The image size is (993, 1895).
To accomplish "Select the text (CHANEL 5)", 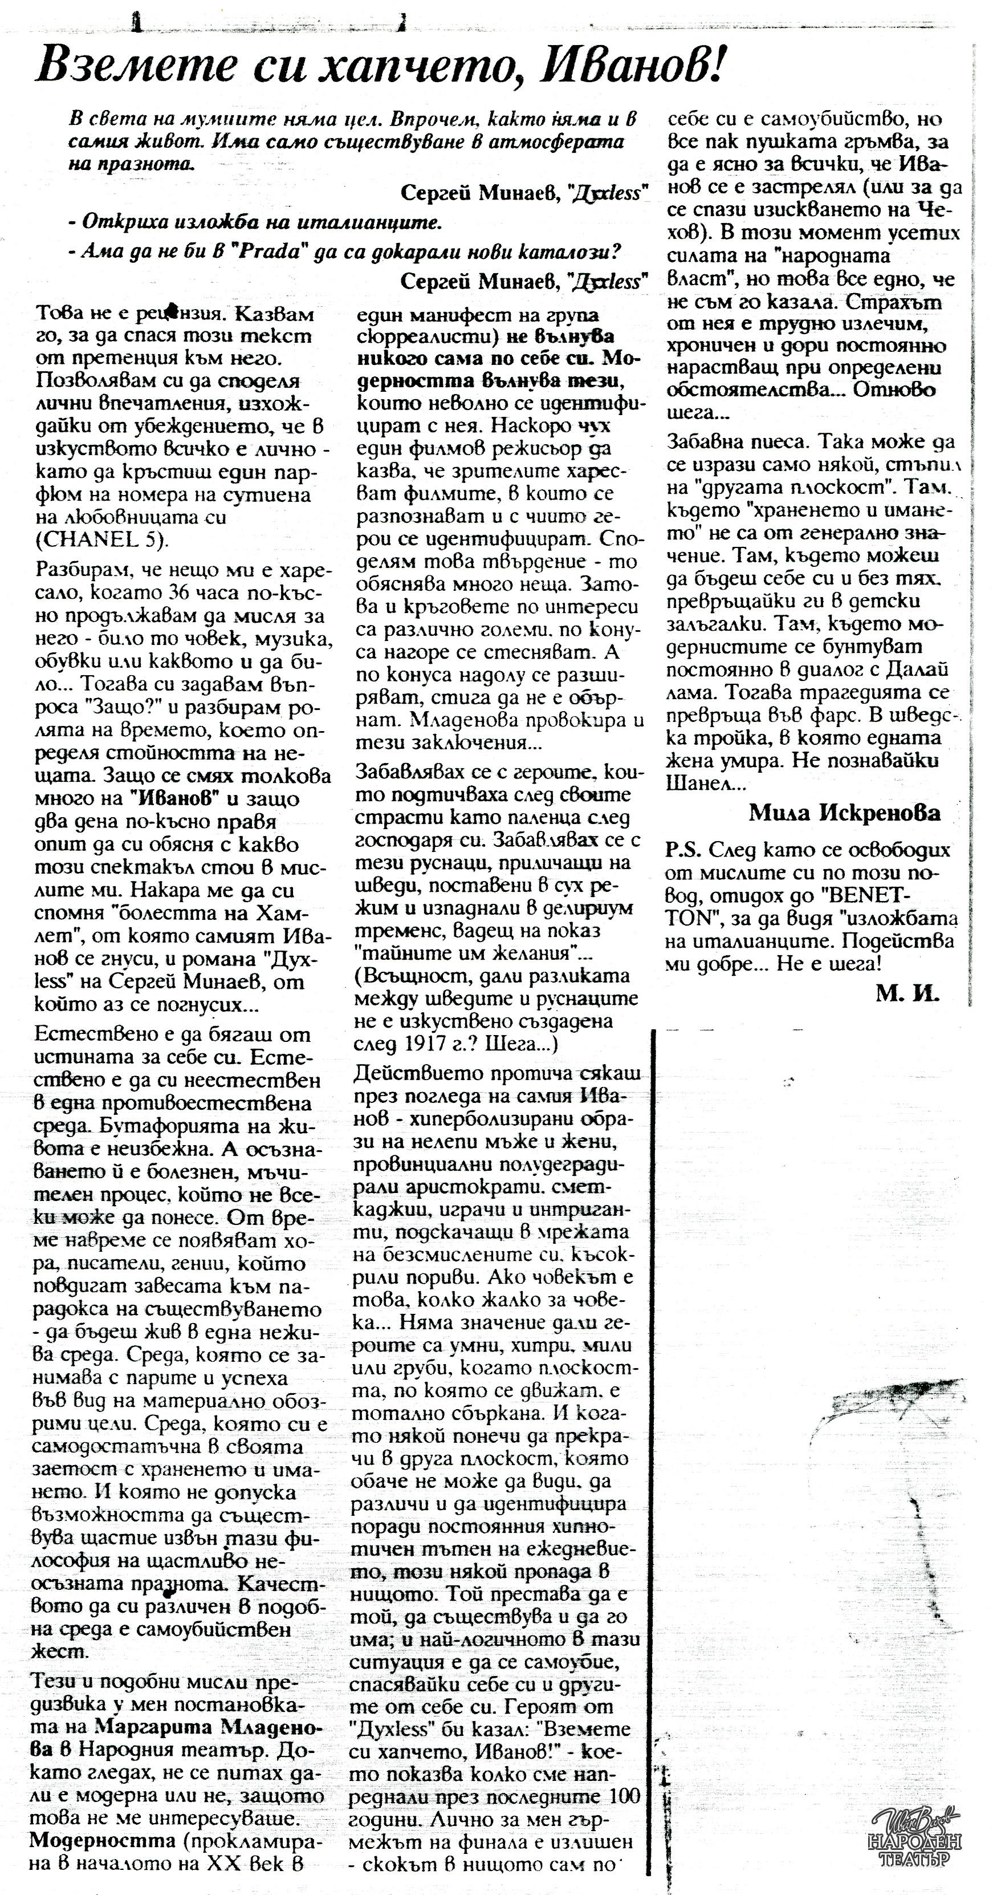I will tap(101, 540).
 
